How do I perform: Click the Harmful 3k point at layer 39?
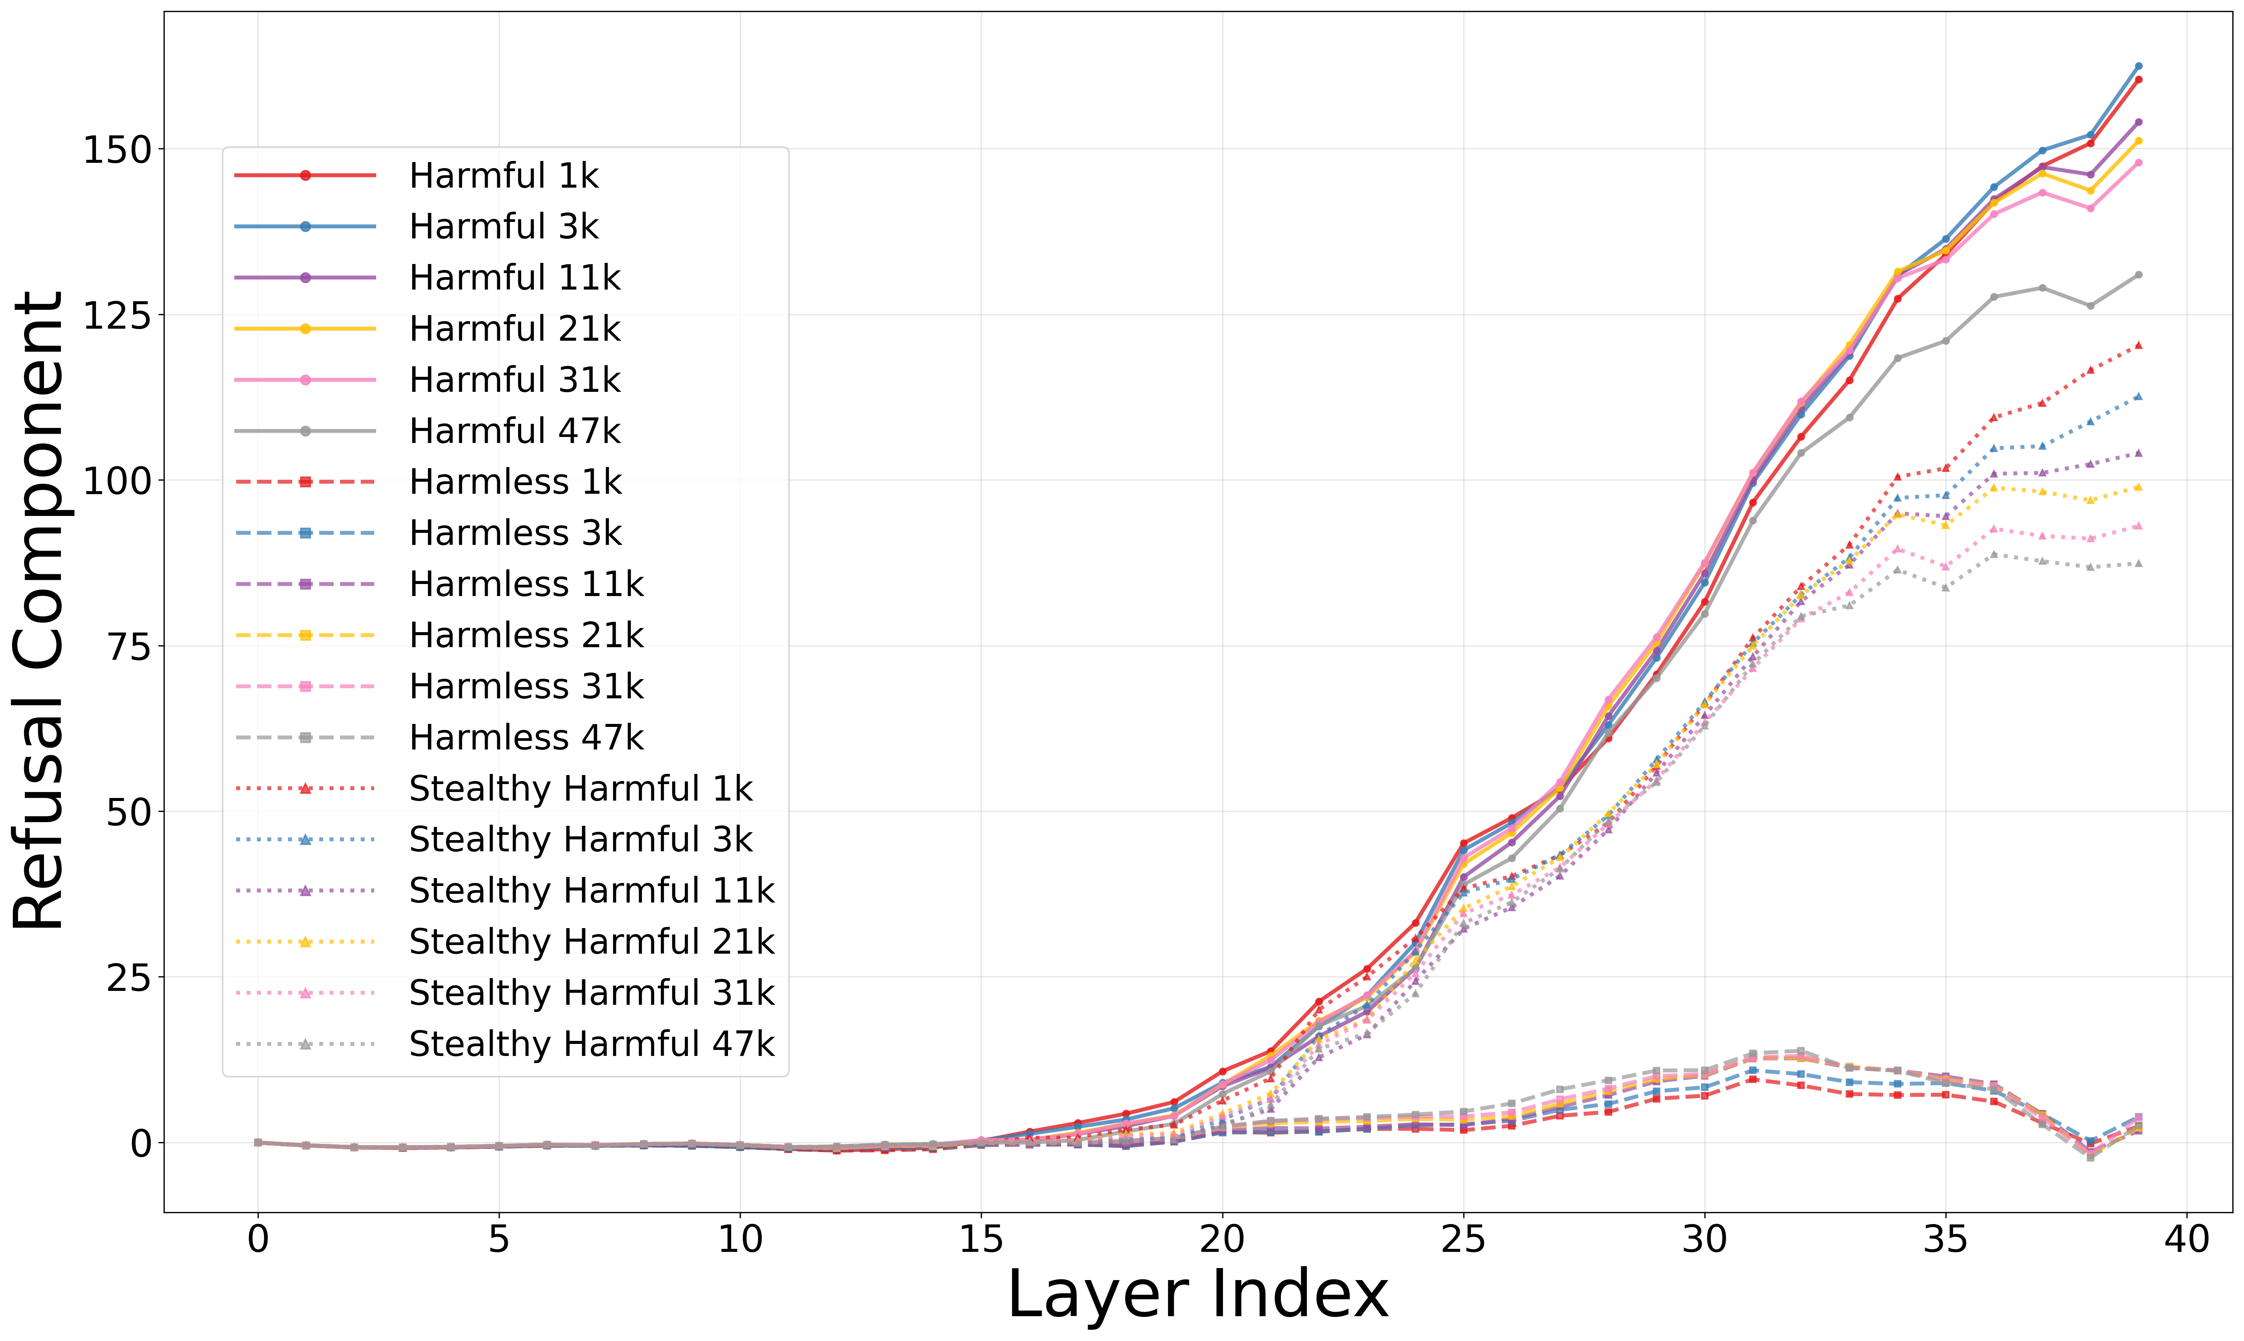click(2138, 66)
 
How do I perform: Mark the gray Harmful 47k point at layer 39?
click(2138, 275)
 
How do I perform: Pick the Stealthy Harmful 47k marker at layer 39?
click(2138, 564)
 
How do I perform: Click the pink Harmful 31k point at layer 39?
click(2138, 163)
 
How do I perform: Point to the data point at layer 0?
click(258, 1142)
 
